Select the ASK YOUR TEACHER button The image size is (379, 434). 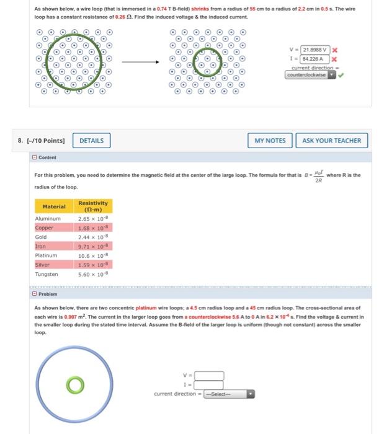point(332,141)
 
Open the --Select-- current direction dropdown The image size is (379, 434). point(230,394)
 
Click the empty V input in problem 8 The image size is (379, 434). point(210,375)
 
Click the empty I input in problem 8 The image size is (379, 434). point(210,384)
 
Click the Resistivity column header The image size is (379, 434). point(92,206)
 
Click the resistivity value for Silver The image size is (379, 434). point(91,265)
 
